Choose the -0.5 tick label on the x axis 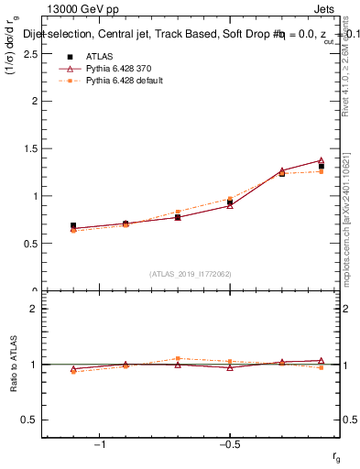click(x=229, y=444)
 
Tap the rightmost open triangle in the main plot click(x=321, y=160)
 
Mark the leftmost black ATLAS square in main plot click(x=73, y=225)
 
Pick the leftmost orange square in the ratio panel click(x=73, y=371)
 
